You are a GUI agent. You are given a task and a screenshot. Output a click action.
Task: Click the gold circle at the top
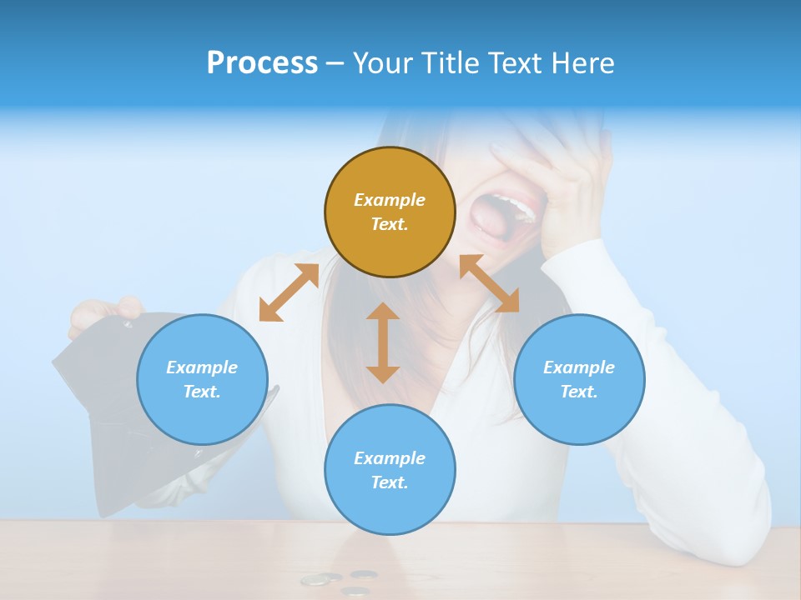tap(390, 212)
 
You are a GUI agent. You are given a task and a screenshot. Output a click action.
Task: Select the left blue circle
tap(202, 379)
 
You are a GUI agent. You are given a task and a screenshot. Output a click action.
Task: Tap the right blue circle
tap(579, 379)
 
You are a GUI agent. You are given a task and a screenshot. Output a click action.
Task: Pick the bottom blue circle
tap(390, 469)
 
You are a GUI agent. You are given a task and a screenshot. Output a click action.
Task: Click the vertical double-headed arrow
tap(383, 342)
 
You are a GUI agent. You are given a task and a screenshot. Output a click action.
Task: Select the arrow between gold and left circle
tap(289, 292)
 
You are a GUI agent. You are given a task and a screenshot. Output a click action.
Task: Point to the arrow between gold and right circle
tap(489, 283)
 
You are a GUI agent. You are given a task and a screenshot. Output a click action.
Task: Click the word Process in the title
tap(262, 63)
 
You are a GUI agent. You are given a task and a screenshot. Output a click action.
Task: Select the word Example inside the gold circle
tap(390, 200)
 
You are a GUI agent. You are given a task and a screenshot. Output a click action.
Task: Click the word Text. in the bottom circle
tap(390, 482)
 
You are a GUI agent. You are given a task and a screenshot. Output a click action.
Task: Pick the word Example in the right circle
tap(579, 367)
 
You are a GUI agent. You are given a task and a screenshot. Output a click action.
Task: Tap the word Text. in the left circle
tap(202, 392)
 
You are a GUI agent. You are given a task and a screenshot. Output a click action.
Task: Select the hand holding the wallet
tap(104, 313)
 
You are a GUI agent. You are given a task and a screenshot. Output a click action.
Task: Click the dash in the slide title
tap(335, 64)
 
